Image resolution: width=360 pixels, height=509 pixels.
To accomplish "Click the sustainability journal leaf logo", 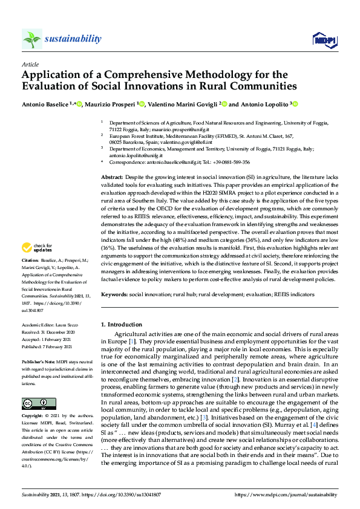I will [32, 39].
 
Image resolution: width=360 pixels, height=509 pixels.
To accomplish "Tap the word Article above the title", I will [30, 64].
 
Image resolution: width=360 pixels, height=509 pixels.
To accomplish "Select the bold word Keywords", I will [115, 294].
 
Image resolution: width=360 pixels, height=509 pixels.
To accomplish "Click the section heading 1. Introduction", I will [121, 324].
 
